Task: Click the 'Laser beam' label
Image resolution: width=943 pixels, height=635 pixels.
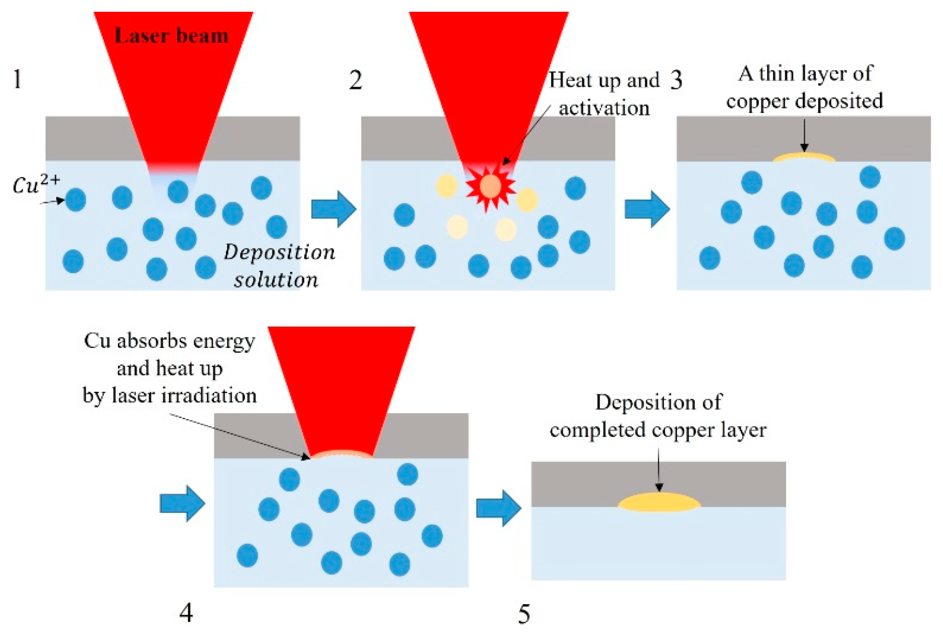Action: tap(171, 36)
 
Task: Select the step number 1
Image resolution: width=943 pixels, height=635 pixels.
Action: tap(17, 79)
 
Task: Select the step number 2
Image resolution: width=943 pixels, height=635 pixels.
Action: tap(355, 80)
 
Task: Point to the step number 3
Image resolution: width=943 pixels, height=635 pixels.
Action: tap(676, 80)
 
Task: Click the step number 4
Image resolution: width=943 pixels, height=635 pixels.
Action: tap(186, 613)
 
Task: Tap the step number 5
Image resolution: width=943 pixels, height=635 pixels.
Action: tap(524, 614)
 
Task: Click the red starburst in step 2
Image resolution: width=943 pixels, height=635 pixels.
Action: tap(490, 187)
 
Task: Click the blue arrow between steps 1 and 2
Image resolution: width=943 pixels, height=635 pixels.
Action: tap(333, 209)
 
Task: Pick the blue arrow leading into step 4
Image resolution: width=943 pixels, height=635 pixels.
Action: tap(182, 504)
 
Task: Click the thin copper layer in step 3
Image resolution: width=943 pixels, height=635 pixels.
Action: tap(804, 157)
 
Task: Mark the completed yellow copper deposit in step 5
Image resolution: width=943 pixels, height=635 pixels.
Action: tap(659, 502)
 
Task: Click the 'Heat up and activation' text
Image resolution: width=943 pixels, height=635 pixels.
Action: tap(604, 94)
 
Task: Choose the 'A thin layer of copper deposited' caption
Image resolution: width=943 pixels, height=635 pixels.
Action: tap(805, 87)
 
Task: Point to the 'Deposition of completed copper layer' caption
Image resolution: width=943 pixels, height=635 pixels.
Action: tap(658, 416)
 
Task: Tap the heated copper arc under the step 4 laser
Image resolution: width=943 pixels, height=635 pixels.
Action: tap(342, 454)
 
